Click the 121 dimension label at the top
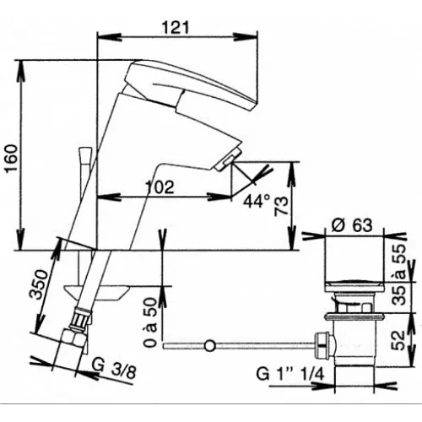[x=176, y=28]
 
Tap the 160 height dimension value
[x=12, y=160]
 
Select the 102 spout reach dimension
[x=160, y=187]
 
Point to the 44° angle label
[x=257, y=201]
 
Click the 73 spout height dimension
[x=282, y=206]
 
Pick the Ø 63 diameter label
[x=352, y=225]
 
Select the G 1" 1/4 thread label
[x=290, y=375]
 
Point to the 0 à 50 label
[x=149, y=322]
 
